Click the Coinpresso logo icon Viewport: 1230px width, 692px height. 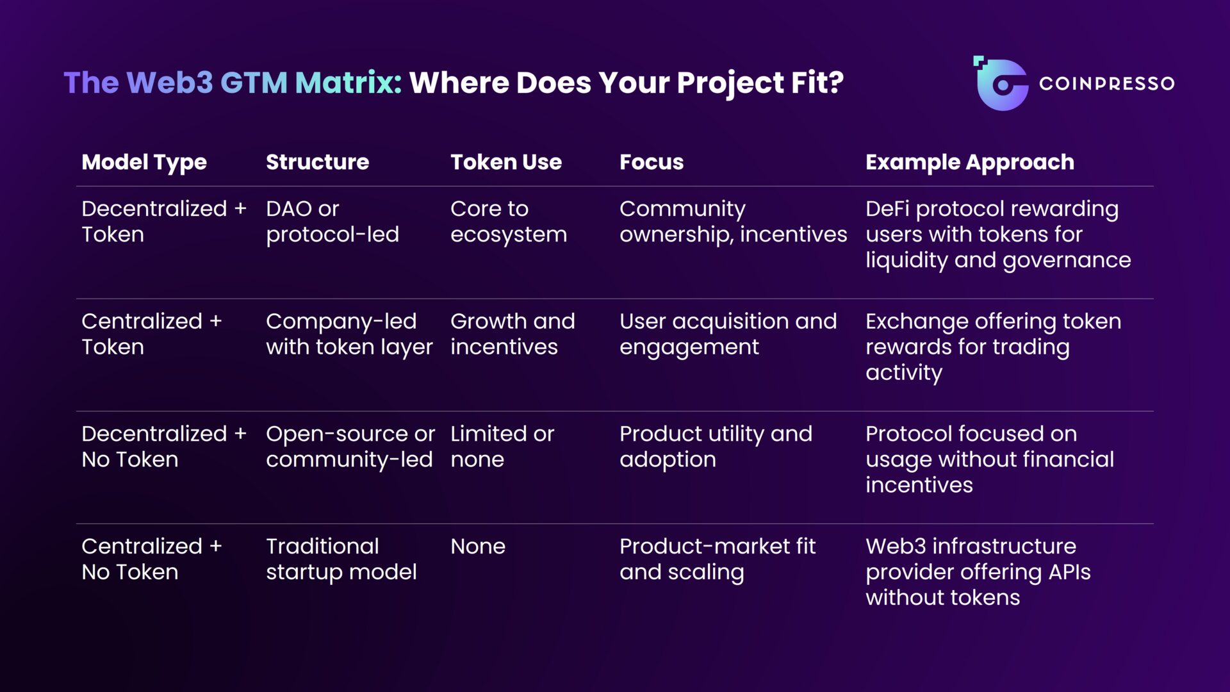[1001, 84]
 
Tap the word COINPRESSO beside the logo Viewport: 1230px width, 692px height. [1106, 84]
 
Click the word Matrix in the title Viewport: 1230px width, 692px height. [348, 83]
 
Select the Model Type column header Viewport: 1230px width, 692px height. [144, 162]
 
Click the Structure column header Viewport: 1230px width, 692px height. [317, 162]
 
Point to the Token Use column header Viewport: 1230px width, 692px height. [505, 162]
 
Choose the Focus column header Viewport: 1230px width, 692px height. [651, 162]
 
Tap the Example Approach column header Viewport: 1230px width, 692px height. [969, 162]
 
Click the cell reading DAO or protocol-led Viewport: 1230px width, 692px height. [332, 222]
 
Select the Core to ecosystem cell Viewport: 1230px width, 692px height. [508, 222]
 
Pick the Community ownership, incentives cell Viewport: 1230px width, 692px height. [733, 222]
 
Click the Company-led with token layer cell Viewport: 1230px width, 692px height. [349, 334]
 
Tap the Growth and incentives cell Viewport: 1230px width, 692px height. [512, 334]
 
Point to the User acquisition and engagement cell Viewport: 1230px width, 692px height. [728, 334]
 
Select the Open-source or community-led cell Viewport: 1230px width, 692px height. [350, 447]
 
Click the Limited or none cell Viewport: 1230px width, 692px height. [502, 447]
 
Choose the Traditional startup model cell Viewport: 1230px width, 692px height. [341, 559]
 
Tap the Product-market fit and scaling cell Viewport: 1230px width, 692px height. [717, 559]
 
